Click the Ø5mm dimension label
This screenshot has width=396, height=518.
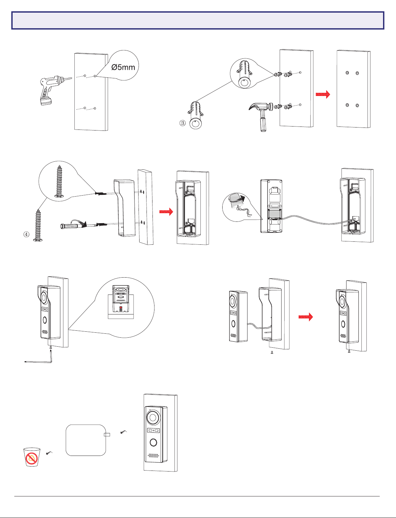123,67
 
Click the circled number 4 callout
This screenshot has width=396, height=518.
26,234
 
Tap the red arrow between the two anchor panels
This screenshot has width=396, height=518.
323,94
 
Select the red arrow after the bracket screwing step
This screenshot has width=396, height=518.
166,212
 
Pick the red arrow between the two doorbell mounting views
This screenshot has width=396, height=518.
305,317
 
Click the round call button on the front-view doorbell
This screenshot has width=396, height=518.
153,442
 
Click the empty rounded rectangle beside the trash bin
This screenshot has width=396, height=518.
86,440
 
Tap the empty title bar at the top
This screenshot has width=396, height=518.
198,21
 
